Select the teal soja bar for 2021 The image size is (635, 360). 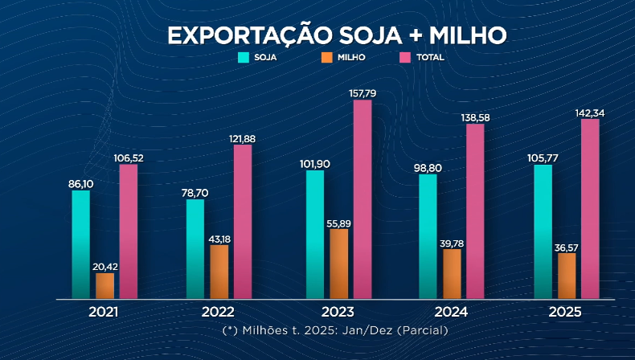point(80,244)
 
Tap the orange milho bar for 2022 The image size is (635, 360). point(219,272)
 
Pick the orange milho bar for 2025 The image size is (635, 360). point(567,276)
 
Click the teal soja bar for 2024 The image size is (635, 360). point(428,236)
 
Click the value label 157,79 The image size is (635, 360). point(363,93)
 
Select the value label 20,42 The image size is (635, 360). point(105,267)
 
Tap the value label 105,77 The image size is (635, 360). point(543,158)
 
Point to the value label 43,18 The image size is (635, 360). point(219,239)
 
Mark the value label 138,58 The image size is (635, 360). point(476,117)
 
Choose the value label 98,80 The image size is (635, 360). point(428,167)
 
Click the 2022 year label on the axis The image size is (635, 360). point(218,312)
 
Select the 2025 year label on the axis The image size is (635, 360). point(565,312)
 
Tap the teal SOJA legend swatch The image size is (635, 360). point(244,58)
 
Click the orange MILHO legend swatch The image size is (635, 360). point(326,58)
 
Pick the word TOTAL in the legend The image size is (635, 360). point(430,58)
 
